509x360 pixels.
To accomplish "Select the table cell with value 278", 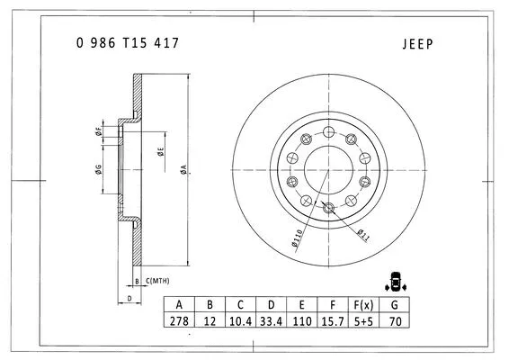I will [x=180, y=321].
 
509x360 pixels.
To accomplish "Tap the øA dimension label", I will [x=183, y=168].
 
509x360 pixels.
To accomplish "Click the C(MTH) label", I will [x=157, y=282].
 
